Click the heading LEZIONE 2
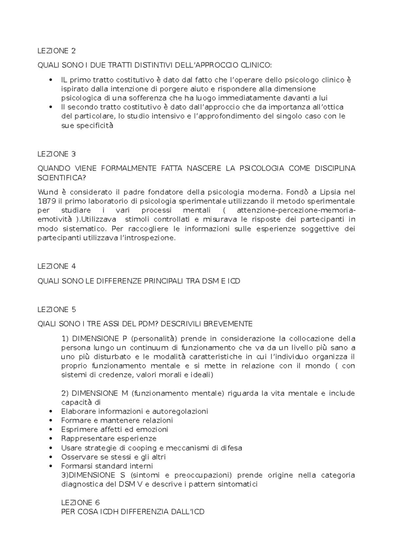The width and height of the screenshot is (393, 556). pyautogui.click(x=57, y=51)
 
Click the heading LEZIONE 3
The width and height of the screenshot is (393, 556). pyautogui.click(x=57, y=154)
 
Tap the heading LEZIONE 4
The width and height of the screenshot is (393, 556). pyautogui.click(x=57, y=266)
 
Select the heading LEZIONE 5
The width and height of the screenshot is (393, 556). pyautogui.click(x=57, y=309)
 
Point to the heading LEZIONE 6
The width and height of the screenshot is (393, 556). pyautogui.click(x=80, y=502)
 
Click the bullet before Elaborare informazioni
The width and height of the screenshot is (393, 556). pyautogui.click(x=50, y=412)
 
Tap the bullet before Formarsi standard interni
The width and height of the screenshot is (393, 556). pyautogui.click(x=50, y=466)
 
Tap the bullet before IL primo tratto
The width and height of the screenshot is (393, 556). pyautogui.click(x=50, y=80)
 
